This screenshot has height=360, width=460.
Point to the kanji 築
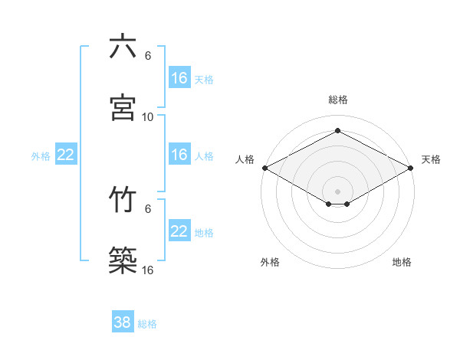click(123, 260)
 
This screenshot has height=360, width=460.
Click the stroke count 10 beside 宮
click(148, 116)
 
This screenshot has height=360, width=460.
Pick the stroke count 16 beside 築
click(148, 270)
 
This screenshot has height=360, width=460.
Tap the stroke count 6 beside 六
click(148, 56)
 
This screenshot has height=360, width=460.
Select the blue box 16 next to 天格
click(179, 78)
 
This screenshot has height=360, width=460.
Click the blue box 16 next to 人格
click(179, 155)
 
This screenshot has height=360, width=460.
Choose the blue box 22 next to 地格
click(179, 231)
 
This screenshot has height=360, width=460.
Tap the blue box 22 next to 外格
click(66, 155)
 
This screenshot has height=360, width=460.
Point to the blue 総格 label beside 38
click(147, 324)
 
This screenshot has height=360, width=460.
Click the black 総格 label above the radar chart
click(338, 100)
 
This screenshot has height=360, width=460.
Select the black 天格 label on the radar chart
click(431, 159)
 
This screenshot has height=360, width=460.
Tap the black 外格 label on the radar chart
click(270, 262)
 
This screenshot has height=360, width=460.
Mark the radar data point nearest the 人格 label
click(264, 168)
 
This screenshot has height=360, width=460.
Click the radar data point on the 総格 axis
click(338, 131)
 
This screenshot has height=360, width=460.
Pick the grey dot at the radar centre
click(338, 190)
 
